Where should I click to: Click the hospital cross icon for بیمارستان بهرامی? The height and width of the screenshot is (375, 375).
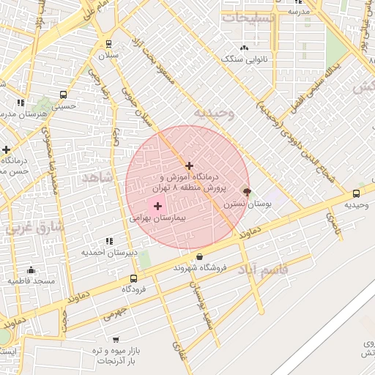pyautogui.click(x=157, y=207)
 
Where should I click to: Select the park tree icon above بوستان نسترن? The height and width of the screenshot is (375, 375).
pyautogui.click(x=246, y=192)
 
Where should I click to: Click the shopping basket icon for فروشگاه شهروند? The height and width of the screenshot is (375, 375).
pyautogui.click(x=200, y=256)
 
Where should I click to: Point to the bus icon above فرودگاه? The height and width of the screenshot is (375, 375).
pyautogui.click(x=133, y=278)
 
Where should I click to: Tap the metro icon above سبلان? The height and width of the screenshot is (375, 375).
pyautogui.click(x=109, y=43)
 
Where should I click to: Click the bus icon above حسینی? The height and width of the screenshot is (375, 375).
pyautogui.click(x=63, y=94)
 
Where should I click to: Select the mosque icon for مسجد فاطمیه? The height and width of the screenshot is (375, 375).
pyautogui.click(x=10, y=281)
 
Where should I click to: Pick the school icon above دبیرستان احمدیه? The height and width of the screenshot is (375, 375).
pyautogui.click(x=109, y=240)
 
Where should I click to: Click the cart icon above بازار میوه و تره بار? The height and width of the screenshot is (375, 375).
pyautogui.click(x=116, y=340)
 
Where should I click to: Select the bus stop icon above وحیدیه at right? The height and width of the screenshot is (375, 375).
pyautogui.click(x=356, y=193)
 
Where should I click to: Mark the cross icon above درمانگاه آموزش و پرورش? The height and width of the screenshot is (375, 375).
pyautogui.click(x=190, y=166)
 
